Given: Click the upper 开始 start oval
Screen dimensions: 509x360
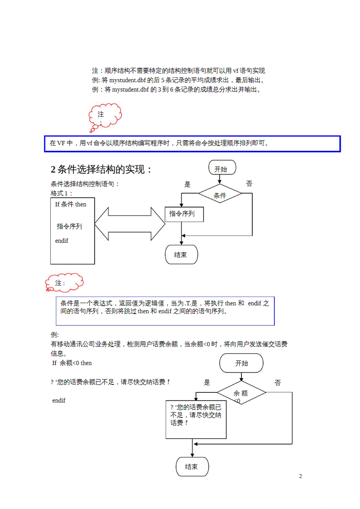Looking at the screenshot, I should coord(222,167).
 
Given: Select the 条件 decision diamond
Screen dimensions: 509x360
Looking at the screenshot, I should coord(220,194).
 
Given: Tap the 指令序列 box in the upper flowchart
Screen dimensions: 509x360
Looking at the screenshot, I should coord(184,214).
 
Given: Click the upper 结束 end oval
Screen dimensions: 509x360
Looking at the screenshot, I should coord(181,254).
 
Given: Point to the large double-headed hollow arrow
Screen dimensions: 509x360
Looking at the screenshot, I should coord(130,224).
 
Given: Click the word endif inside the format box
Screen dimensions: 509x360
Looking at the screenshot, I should coord(62,241).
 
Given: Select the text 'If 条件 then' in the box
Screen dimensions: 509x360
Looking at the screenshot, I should coord(71,205).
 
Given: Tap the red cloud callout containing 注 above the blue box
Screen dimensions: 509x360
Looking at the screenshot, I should coord(105,116).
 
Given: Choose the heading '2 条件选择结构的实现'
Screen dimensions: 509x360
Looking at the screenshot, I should coord(101,169).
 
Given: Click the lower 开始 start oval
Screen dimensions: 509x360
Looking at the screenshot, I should coord(241,363).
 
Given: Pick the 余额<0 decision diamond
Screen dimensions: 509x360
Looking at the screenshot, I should coord(241,393).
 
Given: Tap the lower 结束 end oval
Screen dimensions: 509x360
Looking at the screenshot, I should coord(192,467).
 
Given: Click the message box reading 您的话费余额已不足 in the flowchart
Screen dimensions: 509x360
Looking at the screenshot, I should coord(196,419).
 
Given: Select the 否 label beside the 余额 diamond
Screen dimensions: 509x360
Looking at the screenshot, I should coord(278,383).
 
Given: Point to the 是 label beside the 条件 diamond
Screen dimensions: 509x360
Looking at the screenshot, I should coord(187,184).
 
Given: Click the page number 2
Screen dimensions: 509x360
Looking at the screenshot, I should coord(301,476).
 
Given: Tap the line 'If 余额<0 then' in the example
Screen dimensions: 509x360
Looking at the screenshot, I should coord(72,363).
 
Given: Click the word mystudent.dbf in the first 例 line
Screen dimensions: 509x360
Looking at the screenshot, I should coord(127,80).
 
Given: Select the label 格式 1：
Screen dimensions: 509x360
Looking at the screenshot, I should coord(61,194).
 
